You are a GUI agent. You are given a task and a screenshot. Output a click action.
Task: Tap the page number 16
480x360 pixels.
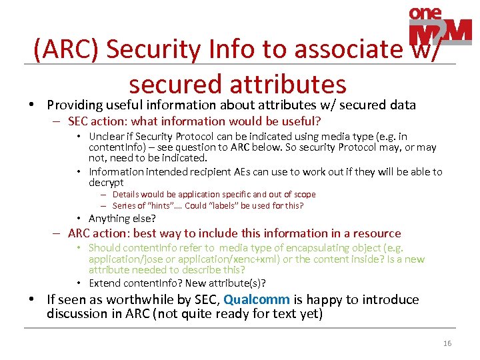coord(447,343)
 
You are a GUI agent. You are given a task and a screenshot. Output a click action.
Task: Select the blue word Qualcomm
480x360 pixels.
coord(257,299)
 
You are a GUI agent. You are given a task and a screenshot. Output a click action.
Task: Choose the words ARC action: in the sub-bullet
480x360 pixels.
coord(99,233)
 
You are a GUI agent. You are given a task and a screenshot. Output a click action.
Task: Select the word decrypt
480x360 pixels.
coord(106,182)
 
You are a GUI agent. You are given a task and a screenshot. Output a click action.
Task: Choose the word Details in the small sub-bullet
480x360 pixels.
coord(127,195)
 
